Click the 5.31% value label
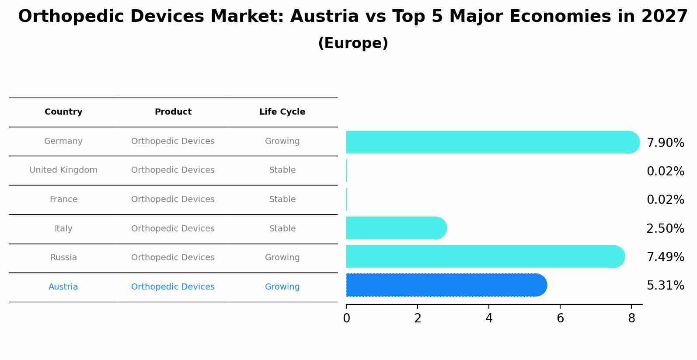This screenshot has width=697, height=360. click(x=665, y=286)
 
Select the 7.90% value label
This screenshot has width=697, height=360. click(x=665, y=143)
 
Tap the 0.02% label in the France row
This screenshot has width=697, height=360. click(x=665, y=200)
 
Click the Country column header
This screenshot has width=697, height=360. click(x=63, y=112)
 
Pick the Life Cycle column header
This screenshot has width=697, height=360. click(x=282, y=112)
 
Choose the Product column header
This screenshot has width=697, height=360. click(x=173, y=112)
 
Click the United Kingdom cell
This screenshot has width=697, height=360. click(x=63, y=170)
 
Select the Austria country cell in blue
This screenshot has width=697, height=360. click(x=63, y=287)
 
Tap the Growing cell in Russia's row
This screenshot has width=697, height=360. click(x=282, y=258)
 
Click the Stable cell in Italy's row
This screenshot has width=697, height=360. click(x=282, y=229)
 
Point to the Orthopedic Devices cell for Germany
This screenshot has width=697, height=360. click(x=173, y=141)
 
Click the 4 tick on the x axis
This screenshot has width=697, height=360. click(x=489, y=318)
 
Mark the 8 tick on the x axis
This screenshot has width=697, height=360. click(x=631, y=318)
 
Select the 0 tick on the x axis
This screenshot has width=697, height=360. click(x=346, y=318)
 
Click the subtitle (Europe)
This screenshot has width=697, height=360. click(x=353, y=43)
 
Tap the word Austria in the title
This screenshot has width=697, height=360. click(x=324, y=17)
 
